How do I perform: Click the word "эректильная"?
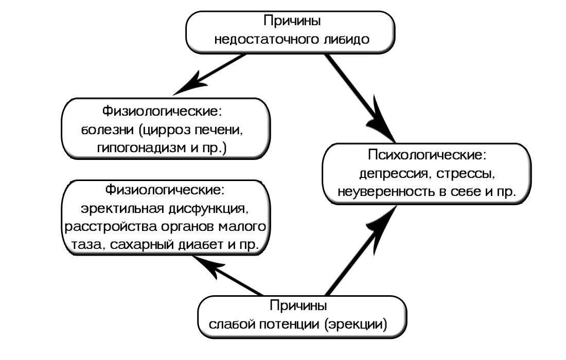120,209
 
